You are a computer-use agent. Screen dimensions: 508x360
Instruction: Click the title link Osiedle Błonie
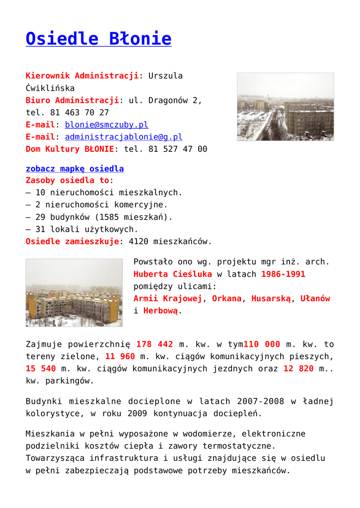pos(98,39)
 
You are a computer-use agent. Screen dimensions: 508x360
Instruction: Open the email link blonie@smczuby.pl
pos(106,125)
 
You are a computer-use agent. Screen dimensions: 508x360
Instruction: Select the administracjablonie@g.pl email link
pos(124,137)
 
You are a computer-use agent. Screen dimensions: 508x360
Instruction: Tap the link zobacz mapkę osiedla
pos(74,169)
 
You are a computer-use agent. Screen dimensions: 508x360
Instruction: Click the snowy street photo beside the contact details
pos(285,107)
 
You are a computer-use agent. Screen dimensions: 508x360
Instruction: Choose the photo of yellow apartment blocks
pos(74,292)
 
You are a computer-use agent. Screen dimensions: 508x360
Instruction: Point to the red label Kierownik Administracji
pos(82,76)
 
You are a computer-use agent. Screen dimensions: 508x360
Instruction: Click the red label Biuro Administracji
pos(72,100)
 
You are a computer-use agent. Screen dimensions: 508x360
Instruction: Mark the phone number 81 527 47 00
pos(178,149)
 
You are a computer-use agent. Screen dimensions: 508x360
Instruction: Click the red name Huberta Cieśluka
pos(173,274)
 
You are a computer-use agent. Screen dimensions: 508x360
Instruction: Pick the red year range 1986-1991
pos(283,274)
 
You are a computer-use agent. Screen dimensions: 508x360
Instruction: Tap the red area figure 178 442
pos(154,344)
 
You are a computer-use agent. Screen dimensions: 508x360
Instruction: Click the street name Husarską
pos(271,299)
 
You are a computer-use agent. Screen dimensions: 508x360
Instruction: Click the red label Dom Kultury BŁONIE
pos(70,149)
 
